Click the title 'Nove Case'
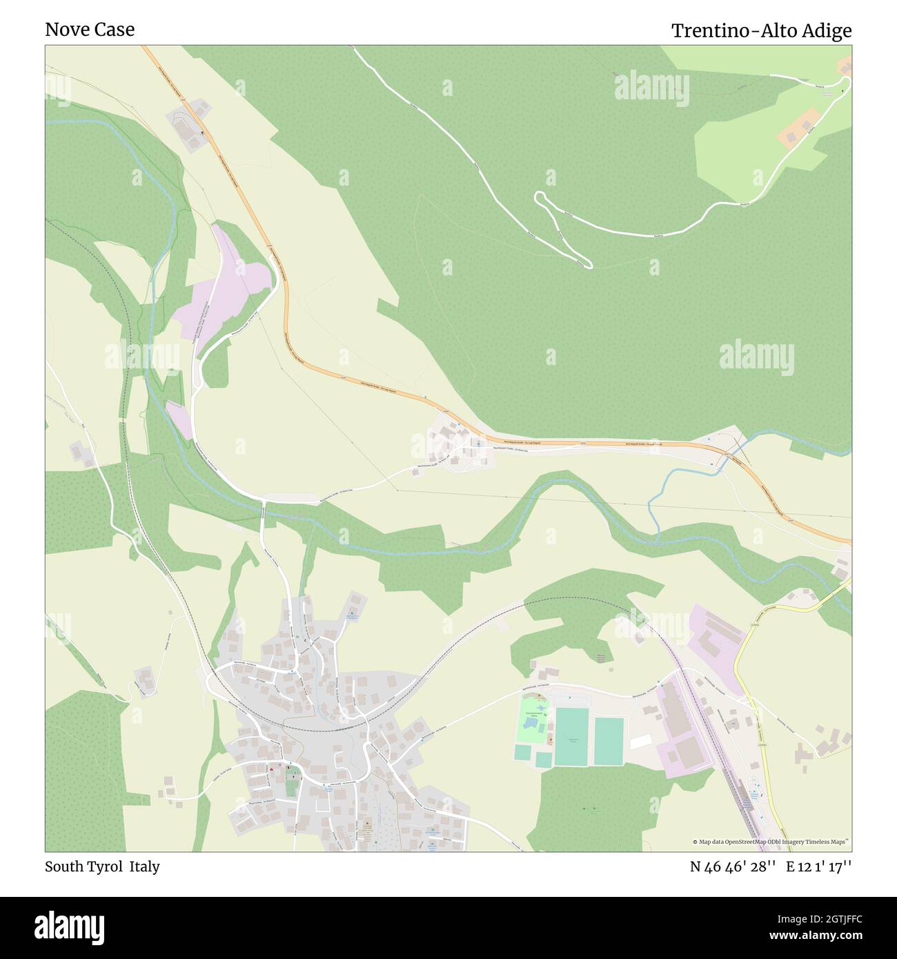pyautogui.click(x=90, y=30)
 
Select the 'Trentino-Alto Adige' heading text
pyautogui.click(x=762, y=31)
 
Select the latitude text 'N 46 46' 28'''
pyautogui.click(x=733, y=867)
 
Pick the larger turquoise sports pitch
pyautogui.click(x=571, y=736)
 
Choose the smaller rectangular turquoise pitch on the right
pyautogui.click(x=609, y=742)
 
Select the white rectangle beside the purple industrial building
pyautogui.click(x=641, y=742)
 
